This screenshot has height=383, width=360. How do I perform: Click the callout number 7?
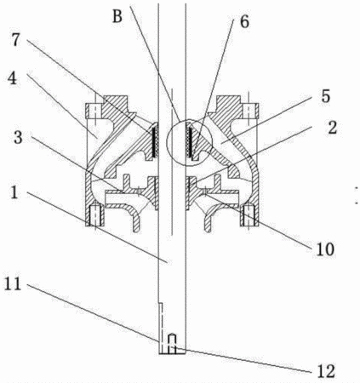tap(16, 40)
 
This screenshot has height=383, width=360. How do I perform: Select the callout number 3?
tap(18, 137)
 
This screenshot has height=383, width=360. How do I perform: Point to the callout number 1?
tap(14, 192)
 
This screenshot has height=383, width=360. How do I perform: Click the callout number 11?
tap(13, 283)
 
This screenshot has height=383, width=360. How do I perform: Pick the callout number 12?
tap(326, 371)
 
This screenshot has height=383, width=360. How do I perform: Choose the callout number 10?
tap(325, 249)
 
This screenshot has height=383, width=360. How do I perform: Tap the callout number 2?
tap(332, 127)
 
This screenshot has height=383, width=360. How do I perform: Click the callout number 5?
tap(325, 95)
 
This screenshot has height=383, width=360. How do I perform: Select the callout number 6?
tap(244, 21)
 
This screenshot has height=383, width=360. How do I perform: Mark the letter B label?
tap(117, 16)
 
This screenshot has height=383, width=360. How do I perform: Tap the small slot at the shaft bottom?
tap(172, 344)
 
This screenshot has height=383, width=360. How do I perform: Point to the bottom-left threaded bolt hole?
tap(95, 215)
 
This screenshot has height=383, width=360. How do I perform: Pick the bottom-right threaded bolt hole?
tap(249, 215)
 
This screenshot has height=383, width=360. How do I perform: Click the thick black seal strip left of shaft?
tap(155, 141)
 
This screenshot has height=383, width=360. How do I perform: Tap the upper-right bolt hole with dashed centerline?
tap(250, 111)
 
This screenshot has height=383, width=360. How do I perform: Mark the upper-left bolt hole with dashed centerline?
tap(94, 111)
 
